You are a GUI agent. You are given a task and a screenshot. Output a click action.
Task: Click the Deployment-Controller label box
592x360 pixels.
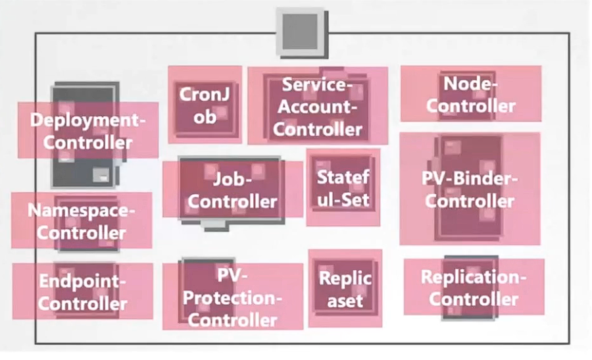[x=87, y=130]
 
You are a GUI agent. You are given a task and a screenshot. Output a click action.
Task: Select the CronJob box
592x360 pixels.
[x=205, y=105]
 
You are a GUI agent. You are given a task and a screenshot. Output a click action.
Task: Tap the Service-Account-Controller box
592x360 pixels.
[x=318, y=106]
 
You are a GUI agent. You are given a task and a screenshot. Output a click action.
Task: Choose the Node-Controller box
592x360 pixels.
[x=470, y=93]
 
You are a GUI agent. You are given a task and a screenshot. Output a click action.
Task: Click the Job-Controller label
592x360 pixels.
[x=232, y=189]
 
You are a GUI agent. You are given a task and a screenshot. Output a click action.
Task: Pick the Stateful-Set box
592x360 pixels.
[x=343, y=187]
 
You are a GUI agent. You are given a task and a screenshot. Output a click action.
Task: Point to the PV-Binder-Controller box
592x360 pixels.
[x=470, y=189]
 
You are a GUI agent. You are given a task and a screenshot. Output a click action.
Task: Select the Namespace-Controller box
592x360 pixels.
[x=82, y=220]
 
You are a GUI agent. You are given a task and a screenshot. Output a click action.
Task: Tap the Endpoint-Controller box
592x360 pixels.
[x=82, y=292]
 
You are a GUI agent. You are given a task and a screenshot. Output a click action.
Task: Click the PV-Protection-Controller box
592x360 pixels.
[x=232, y=297]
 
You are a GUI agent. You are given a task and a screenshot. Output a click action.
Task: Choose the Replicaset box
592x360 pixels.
[x=345, y=288]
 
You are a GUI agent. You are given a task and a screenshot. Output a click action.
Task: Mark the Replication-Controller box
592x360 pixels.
[x=474, y=287]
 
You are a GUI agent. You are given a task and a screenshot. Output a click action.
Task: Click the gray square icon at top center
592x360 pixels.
[x=301, y=31]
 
